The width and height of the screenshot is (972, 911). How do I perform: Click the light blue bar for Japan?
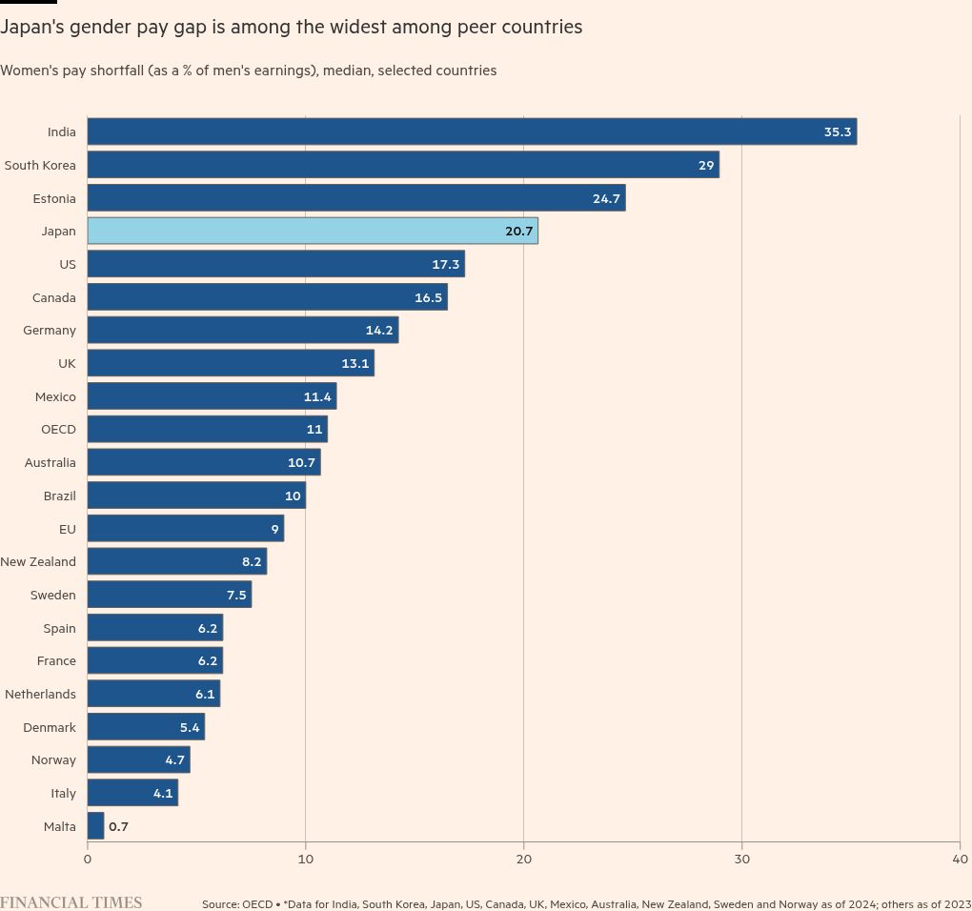tap(313, 231)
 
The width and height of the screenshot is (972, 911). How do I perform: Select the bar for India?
tap(472, 132)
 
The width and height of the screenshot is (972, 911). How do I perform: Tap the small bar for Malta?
tap(95, 826)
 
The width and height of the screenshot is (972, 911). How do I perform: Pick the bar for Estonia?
tap(356, 198)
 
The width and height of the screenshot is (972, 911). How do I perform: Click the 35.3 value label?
tap(838, 132)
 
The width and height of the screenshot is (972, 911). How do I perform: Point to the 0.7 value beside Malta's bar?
tap(118, 826)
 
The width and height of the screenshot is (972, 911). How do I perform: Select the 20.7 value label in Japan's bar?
tap(519, 232)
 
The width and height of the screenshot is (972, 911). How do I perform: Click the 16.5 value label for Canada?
tap(429, 297)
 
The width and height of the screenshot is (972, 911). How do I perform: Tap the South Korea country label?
tap(40, 165)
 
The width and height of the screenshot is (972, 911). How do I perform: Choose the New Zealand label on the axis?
tap(38, 561)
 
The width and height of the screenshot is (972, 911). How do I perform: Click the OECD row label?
tap(58, 430)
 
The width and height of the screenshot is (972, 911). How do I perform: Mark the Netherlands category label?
tap(40, 694)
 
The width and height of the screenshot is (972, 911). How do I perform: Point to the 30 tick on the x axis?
tap(742, 859)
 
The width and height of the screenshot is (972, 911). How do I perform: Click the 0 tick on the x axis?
tap(88, 859)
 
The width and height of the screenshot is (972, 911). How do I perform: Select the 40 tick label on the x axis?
tap(960, 859)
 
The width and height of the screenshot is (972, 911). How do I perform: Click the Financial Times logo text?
tap(71, 902)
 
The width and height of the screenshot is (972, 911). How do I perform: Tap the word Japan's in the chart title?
tap(33, 28)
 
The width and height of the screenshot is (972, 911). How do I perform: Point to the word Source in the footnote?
tap(220, 903)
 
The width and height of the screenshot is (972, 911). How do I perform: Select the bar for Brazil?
tap(196, 496)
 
